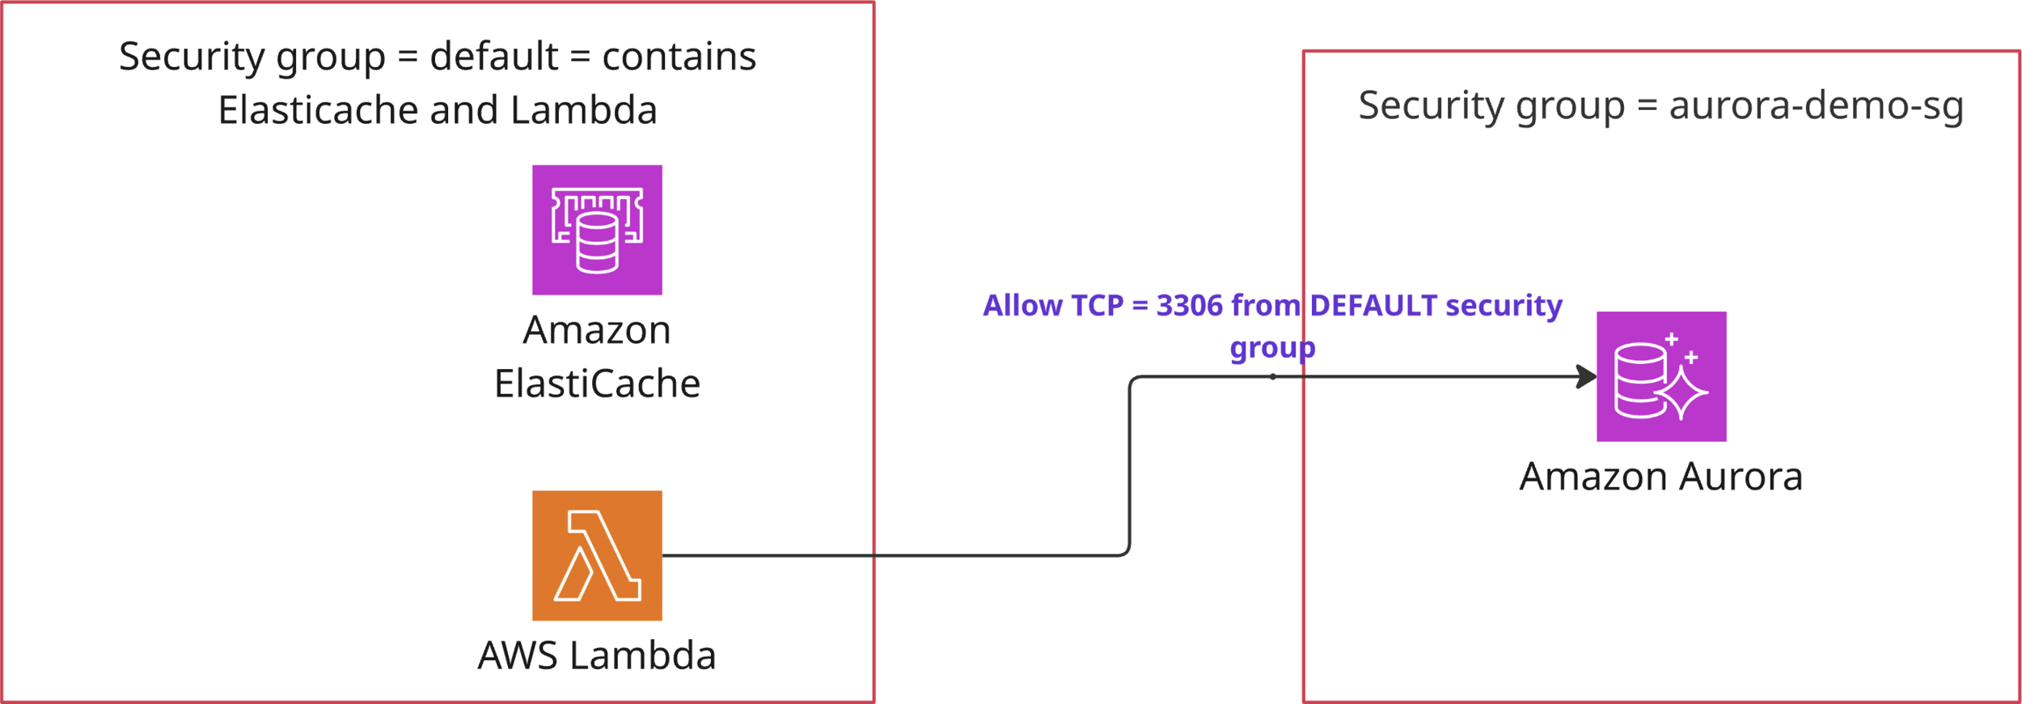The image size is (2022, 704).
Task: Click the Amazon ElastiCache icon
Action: pyautogui.click(x=597, y=230)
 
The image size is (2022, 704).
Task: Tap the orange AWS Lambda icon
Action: pyautogui.click(x=597, y=555)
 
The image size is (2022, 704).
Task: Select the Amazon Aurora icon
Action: pyautogui.click(x=1661, y=376)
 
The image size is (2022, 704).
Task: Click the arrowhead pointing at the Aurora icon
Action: pyautogui.click(x=1587, y=376)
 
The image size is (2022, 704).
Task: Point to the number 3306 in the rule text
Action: pyautogui.click(x=1189, y=306)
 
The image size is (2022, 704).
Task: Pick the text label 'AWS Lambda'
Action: pyautogui.click(x=597, y=655)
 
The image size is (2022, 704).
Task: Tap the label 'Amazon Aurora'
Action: pyautogui.click(x=1661, y=477)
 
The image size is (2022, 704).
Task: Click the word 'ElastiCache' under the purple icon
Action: pyautogui.click(x=597, y=384)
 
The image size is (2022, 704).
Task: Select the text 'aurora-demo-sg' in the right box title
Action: pyautogui.click(x=1816, y=106)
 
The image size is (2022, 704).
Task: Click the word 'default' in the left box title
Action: pyautogui.click(x=493, y=57)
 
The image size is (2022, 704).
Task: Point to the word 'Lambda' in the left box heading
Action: pyautogui.click(x=583, y=110)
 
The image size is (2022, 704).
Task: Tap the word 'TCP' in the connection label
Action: pyautogui.click(x=1097, y=306)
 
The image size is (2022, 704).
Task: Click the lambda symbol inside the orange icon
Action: pyautogui.click(x=597, y=556)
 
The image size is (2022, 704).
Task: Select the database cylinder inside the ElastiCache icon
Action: pyautogui.click(x=597, y=242)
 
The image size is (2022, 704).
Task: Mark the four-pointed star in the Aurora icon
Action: pyautogui.click(x=1681, y=392)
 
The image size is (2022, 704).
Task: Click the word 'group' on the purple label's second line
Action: pyautogui.click(x=1272, y=348)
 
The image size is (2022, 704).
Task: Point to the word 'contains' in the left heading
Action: pyautogui.click(x=679, y=57)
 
